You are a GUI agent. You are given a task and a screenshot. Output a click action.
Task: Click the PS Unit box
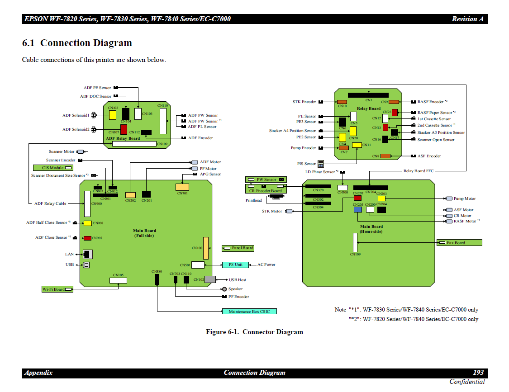(x=235, y=264)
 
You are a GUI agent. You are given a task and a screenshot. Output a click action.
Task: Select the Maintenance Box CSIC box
(x=249, y=312)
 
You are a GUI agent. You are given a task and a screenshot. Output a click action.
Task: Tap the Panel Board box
(x=238, y=248)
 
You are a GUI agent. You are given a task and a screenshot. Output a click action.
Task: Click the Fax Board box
(x=459, y=243)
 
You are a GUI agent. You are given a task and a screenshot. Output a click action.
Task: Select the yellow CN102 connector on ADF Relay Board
(x=113, y=115)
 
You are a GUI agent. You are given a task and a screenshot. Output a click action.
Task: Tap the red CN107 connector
(x=124, y=129)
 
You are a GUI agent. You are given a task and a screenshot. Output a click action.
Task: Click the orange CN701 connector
(x=182, y=187)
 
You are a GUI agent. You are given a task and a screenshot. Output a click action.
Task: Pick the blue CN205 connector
(x=358, y=210)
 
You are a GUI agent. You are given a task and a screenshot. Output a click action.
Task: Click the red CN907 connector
(x=87, y=238)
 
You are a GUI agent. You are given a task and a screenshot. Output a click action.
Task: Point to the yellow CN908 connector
(x=87, y=223)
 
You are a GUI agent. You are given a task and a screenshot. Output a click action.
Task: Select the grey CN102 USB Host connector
(x=210, y=279)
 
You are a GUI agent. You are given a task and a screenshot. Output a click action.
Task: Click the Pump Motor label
(x=464, y=198)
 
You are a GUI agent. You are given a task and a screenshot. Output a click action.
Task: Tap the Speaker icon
(x=224, y=289)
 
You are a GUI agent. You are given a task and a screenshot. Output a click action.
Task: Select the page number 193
(x=478, y=373)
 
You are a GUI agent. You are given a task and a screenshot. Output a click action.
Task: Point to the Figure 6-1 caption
(x=254, y=332)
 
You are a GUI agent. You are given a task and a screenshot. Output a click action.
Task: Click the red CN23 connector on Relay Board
(x=395, y=112)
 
